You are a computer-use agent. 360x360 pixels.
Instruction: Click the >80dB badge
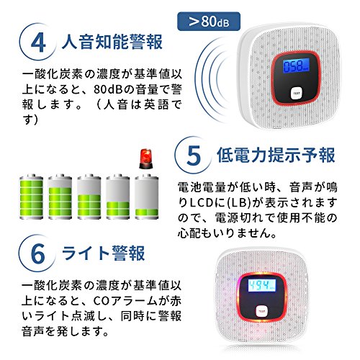coord(209,22)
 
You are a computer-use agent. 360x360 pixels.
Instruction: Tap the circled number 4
coord(38,42)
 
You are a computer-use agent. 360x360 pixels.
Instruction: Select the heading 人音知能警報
coord(112,42)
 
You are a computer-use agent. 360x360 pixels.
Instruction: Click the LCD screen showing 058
coord(296,66)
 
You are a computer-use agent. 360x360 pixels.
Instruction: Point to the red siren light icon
coord(145,158)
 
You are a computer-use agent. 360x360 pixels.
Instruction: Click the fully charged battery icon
coord(31,197)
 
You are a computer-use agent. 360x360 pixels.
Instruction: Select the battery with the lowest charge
coord(147,197)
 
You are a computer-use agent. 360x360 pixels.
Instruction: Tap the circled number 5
coord(193,156)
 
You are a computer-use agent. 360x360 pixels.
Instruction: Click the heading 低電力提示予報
coord(276,156)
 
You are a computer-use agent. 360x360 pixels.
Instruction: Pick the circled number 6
coord(37,253)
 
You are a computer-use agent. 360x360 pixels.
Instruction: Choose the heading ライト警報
coord(103,253)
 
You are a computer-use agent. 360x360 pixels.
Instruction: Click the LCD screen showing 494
coord(262,286)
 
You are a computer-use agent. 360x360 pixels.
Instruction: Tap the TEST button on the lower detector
coord(261,312)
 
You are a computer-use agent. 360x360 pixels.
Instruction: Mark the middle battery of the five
coord(89,197)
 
